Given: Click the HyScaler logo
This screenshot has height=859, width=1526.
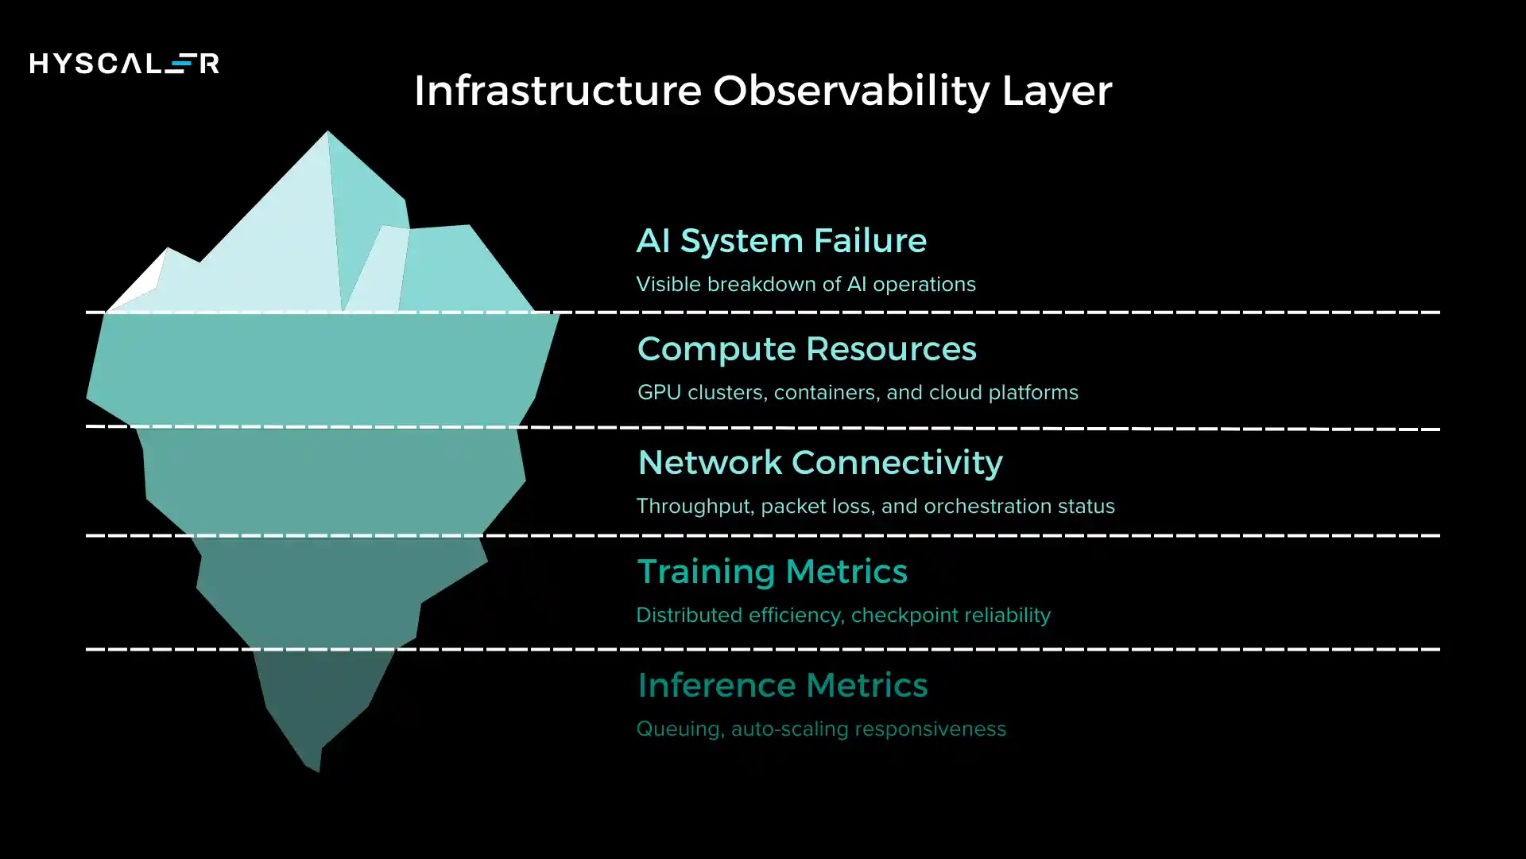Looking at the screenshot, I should tap(124, 64).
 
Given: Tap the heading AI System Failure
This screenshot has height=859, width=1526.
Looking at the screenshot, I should tap(781, 241).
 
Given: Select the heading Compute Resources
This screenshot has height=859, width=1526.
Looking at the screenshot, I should tap(807, 349).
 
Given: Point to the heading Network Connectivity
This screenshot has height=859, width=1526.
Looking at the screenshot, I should tap(820, 463).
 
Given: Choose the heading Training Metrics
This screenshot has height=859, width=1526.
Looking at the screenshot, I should tap(772, 572).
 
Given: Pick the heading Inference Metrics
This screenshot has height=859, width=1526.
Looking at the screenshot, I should tap(782, 686).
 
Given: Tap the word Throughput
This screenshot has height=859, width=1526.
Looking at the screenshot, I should tap(695, 507).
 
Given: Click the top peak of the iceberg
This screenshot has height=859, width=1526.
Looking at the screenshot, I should tap(327, 135).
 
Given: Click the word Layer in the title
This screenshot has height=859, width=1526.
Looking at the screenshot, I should tap(1056, 91).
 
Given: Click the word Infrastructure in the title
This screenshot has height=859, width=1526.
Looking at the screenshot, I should tap(557, 91).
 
